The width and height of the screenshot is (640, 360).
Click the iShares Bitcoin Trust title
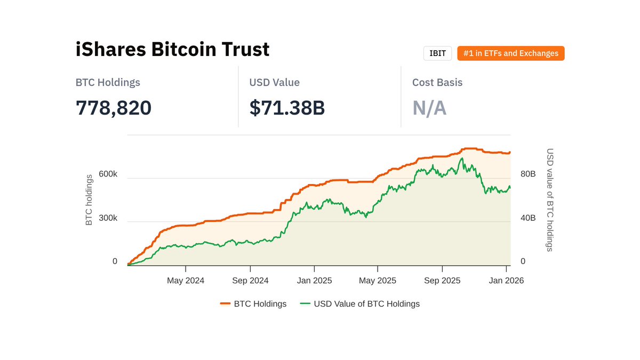(x=172, y=50)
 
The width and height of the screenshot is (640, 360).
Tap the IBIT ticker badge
(x=437, y=53)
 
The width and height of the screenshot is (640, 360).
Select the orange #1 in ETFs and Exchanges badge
(x=510, y=53)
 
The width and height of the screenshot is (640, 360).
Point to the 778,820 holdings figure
(x=114, y=108)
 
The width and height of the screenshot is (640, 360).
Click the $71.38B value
(x=287, y=108)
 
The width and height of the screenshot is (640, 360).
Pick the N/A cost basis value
(x=429, y=108)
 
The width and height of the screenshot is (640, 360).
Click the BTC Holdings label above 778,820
(x=108, y=83)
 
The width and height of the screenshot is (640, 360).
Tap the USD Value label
(x=274, y=83)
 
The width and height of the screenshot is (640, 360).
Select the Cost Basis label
(x=437, y=83)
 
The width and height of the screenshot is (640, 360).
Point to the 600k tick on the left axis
(x=107, y=174)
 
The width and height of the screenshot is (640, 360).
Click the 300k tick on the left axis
(x=107, y=218)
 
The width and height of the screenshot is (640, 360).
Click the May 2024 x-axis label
(x=186, y=281)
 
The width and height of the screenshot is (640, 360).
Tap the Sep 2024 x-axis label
(x=250, y=281)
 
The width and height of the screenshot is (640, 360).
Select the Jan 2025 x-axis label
(x=314, y=281)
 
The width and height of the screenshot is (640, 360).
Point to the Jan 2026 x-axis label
(x=506, y=281)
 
